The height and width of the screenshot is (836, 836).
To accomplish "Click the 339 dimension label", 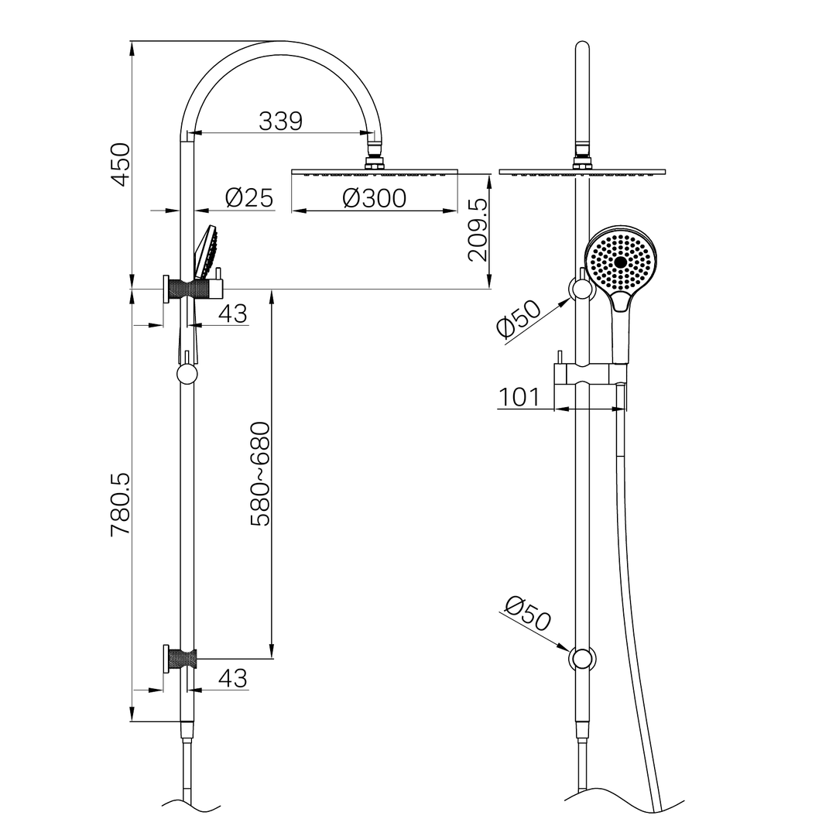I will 280,121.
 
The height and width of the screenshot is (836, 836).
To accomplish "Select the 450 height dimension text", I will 120,163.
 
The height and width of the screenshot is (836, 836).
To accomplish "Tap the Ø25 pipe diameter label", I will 249,198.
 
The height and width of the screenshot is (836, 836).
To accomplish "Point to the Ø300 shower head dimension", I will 374,198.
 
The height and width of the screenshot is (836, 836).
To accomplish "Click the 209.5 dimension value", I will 478,230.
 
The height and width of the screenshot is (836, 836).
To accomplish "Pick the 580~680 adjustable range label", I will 261,474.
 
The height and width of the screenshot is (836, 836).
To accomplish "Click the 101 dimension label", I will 519,397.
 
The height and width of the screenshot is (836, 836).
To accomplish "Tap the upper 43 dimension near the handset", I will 232,313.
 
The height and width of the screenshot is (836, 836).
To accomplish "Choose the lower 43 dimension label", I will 232,678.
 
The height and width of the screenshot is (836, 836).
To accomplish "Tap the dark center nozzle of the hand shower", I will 620,262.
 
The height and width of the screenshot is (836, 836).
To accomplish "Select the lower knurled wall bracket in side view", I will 183,660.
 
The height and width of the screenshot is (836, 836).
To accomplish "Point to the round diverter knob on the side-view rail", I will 187,375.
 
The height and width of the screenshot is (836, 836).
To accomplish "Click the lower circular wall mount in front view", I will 582,659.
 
